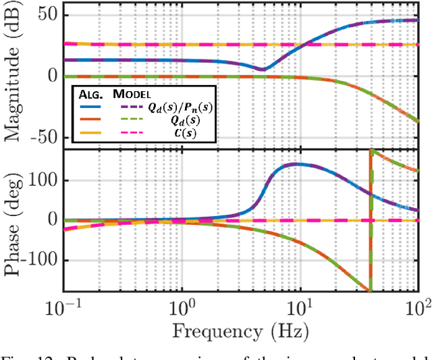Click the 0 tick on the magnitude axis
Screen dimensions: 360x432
coord(53,76)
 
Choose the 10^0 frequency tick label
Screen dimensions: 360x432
coord(181,307)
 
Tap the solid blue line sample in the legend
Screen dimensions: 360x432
coord(91,106)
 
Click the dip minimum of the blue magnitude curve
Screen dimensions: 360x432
coord(262,69)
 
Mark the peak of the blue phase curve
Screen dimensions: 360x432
coord(297,164)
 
